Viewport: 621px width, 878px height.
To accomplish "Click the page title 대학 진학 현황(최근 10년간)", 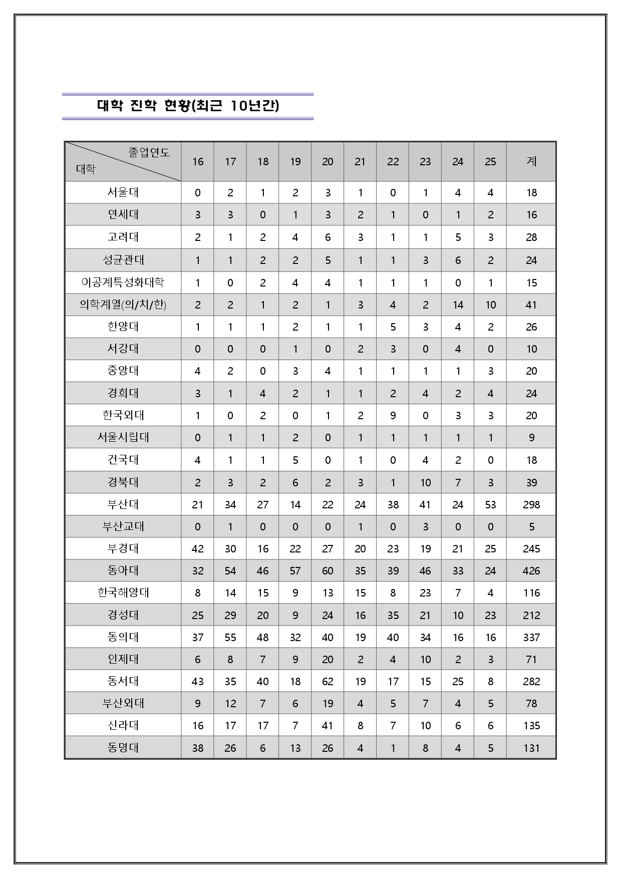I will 188,106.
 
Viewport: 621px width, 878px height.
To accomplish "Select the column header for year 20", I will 328,162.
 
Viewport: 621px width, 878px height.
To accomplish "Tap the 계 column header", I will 531,161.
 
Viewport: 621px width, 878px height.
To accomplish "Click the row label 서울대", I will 123,192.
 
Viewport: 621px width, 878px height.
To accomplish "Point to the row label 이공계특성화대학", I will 123,282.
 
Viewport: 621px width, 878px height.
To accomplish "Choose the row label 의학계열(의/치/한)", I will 123,305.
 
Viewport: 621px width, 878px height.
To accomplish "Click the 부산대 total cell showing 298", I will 531,504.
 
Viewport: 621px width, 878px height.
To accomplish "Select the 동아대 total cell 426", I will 531,570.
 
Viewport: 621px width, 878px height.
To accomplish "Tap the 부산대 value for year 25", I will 490,504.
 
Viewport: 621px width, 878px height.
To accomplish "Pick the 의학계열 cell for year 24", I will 458,305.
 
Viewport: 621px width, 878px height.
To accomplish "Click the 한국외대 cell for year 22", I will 393,415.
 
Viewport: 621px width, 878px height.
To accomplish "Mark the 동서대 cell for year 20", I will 328,681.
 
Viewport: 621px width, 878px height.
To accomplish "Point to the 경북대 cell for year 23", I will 425,482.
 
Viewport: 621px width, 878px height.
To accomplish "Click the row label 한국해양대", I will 123,593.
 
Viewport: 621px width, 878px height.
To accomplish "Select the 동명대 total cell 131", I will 531,748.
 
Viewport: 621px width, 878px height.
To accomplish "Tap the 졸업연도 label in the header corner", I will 149,152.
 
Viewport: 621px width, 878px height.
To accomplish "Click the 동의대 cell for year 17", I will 230,637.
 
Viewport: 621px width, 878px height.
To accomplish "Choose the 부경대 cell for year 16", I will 198,548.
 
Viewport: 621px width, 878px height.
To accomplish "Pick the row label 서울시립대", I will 123,437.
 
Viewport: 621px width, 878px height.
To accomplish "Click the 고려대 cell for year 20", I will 328,237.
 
